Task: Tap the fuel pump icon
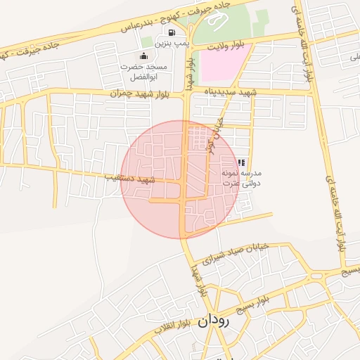point(172,32)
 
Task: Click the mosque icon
point(144,56)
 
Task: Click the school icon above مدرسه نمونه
point(242,162)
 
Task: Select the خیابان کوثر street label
point(213,134)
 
